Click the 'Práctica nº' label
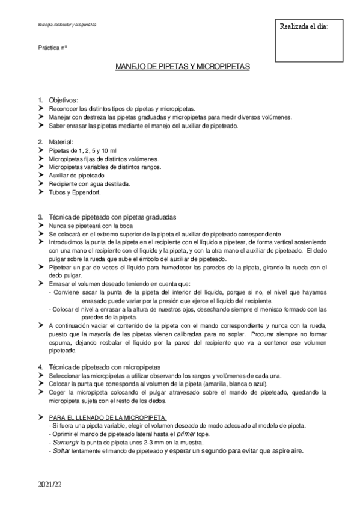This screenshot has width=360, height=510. click(x=52, y=47)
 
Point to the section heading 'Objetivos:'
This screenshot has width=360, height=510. click(x=64, y=100)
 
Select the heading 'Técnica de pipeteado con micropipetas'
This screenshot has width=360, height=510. click(x=103, y=367)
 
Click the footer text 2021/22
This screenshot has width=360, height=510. click(x=50, y=484)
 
